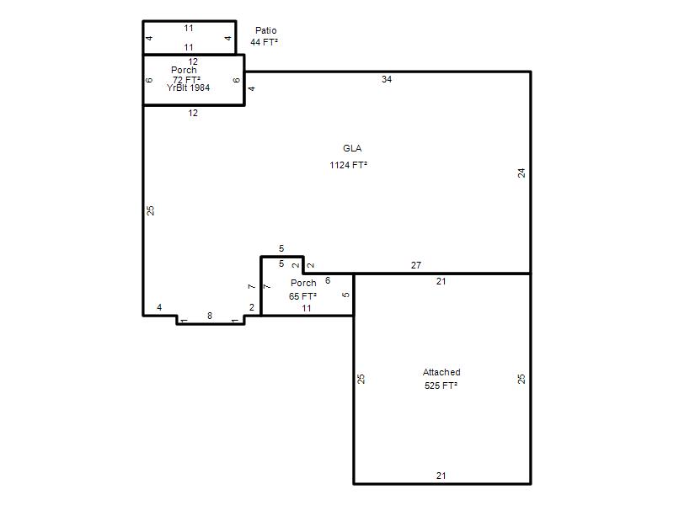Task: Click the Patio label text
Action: click(265, 30)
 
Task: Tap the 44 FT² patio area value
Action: click(264, 42)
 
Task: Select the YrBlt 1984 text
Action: click(188, 88)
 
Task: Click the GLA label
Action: click(352, 149)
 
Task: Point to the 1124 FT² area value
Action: click(348, 165)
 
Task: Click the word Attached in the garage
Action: click(441, 372)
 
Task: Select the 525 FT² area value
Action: click(441, 385)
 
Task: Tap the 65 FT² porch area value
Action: click(302, 296)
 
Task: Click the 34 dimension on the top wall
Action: click(387, 79)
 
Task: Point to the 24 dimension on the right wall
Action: click(522, 173)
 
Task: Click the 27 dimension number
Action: click(415, 265)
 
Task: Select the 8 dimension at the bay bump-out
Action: click(210, 316)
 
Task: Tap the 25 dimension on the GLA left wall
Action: click(150, 210)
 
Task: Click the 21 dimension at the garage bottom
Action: click(441, 476)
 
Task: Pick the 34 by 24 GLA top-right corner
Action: click(531, 72)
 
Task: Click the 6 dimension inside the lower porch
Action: click(328, 280)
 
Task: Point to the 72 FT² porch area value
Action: click(186, 80)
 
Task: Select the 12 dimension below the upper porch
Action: click(193, 113)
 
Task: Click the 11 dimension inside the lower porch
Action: click(307, 308)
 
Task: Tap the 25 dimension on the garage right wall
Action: click(522, 379)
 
